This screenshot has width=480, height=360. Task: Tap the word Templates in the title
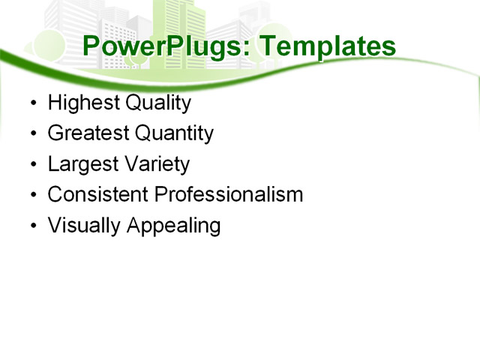point(327,47)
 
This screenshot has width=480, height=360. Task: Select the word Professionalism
point(228,195)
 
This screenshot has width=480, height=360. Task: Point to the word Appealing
point(173,226)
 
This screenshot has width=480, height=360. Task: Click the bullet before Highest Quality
point(31,103)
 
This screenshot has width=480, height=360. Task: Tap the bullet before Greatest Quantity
point(31,134)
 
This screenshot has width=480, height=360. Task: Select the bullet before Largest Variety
point(31,165)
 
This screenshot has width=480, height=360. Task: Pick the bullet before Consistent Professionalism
point(31,196)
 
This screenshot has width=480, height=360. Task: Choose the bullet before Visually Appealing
point(31,226)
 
